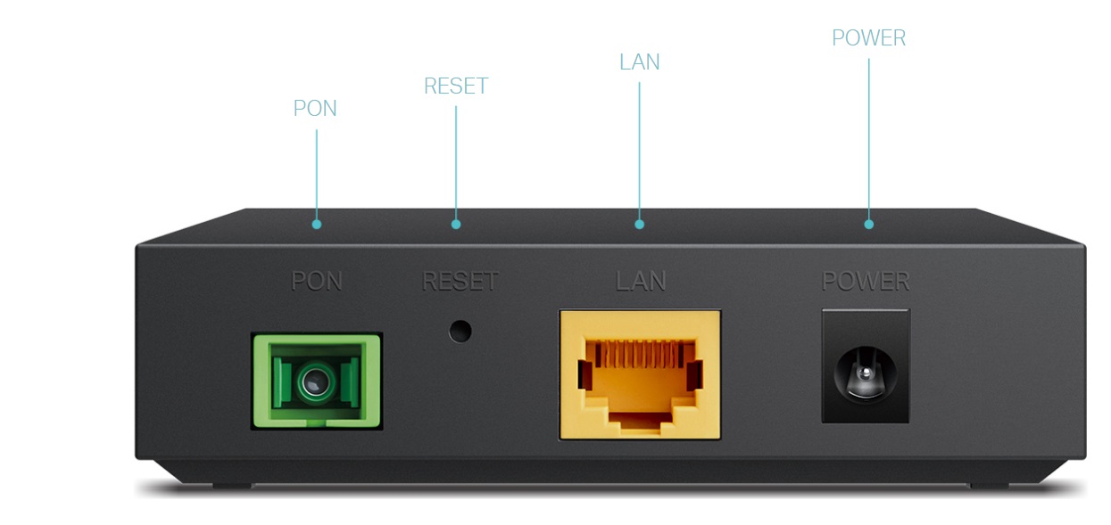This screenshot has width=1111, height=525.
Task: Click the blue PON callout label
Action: pyautogui.click(x=315, y=108)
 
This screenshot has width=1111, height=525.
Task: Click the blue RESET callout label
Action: pyautogui.click(x=456, y=86)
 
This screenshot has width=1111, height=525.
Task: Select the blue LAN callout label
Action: pyautogui.click(x=640, y=62)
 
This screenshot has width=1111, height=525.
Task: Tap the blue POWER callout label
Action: pyautogui.click(x=869, y=37)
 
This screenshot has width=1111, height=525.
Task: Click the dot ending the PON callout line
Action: pyautogui.click(x=317, y=225)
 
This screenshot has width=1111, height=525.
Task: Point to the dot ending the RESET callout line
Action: pyautogui.click(x=456, y=225)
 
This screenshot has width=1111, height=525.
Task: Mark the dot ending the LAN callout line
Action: pyautogui.click(x=639, y=225)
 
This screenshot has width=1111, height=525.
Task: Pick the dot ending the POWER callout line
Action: pyautogui.click(x=869, y=225)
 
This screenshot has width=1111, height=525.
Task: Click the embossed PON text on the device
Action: pyautogui.click(x=317, y=281)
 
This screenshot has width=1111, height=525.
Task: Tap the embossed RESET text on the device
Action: pyautogui.click(x=460, y=281)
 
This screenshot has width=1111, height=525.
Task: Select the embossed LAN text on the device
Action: pyautogui.click(x=641, y=281)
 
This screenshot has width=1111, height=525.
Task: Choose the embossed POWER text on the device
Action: pyautogui.click(x=866, y=281)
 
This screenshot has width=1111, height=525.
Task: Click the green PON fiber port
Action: pyautogui.click(x=317, y=381)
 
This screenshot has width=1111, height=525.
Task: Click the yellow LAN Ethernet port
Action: pyautogui.click(x=640, y=375)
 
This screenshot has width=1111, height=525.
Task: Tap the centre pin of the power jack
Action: pyautogui.click(x=866, y=373)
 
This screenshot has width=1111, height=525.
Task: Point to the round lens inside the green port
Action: pyautogui.click(x=314, y=381)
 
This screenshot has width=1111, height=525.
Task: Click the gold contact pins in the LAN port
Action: pyautogui.click(x=640, y=353)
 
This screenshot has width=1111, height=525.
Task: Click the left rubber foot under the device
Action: pyautogui.click(x=232, y=487)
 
